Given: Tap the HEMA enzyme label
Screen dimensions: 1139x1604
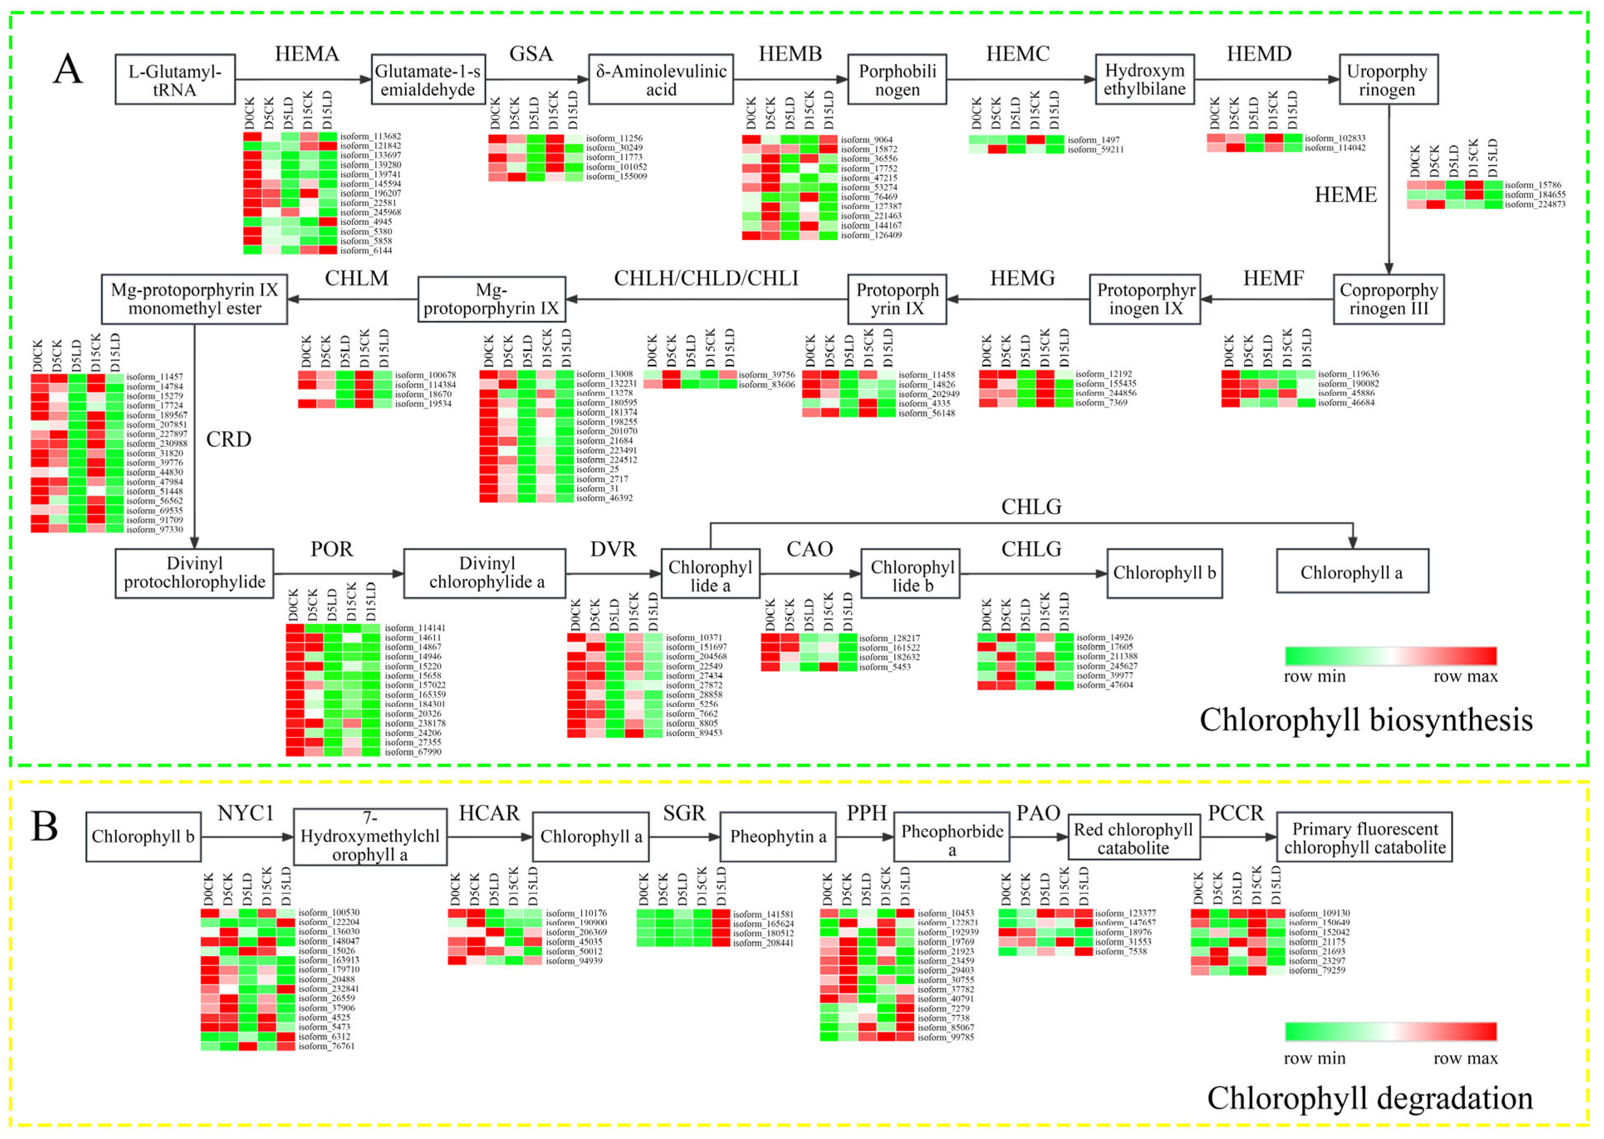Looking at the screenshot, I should click(x=307, y=54).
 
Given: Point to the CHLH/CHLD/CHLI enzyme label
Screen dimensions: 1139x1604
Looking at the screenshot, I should click(x=706, y=278).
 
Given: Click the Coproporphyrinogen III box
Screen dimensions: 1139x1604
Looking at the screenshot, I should click(x=1388, y=300).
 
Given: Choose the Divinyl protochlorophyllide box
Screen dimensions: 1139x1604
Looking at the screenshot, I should click(x=194, y=573).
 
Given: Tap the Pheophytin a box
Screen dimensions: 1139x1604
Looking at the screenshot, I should click(x=778, y=837).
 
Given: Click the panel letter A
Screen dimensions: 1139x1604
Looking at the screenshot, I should click(x=68, y=69).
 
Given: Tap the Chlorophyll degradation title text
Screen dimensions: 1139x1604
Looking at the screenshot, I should click(x=1369, y=1098).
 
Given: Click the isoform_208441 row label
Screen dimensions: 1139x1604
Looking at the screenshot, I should click(x=763, y=943).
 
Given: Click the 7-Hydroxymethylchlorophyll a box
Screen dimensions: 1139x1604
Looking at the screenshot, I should click(x=370, y=837).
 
